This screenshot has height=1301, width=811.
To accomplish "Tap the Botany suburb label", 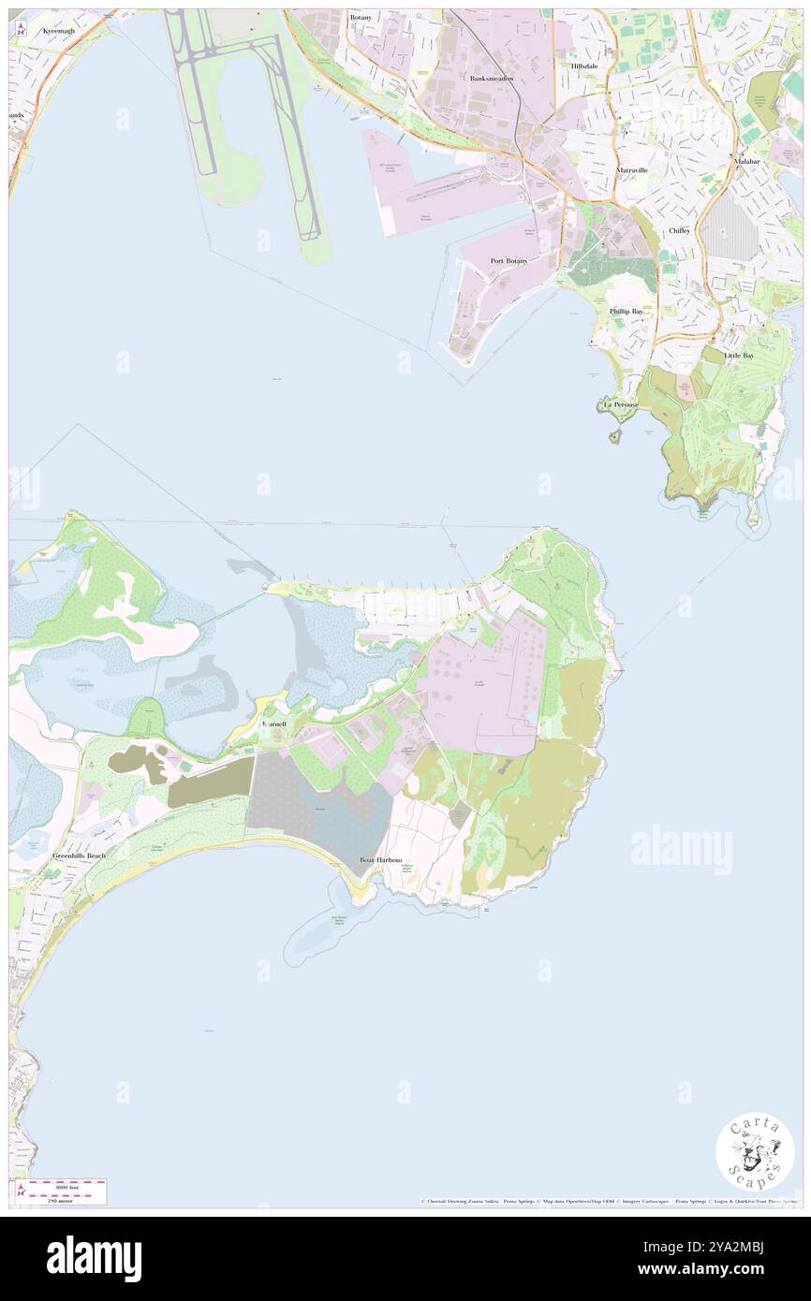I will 361,17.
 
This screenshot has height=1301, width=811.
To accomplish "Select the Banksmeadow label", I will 492,79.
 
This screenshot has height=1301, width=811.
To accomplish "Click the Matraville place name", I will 632,170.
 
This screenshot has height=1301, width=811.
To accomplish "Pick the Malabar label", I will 747,161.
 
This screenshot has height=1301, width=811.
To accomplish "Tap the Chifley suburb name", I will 680,230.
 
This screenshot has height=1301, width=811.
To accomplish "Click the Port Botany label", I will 509,260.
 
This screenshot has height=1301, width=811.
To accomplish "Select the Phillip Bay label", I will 626,311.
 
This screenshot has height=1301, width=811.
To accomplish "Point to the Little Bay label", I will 739,356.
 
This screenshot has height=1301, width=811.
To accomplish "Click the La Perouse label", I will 620,404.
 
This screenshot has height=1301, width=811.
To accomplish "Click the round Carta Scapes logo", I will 755,1154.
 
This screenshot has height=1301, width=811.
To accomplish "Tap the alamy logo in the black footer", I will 95,1258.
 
